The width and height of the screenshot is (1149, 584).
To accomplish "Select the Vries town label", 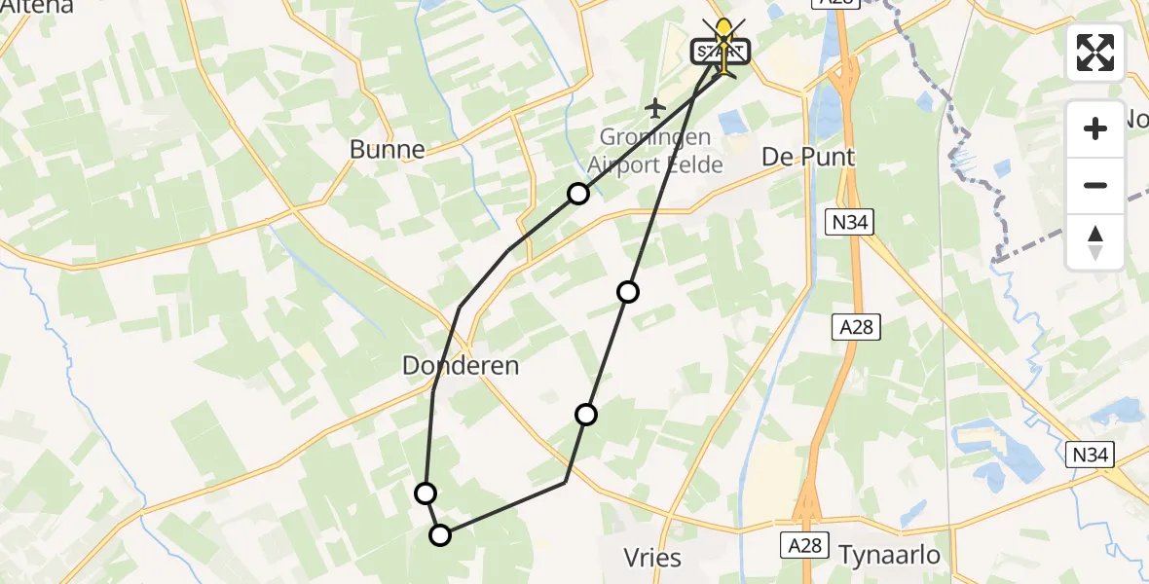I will pos(652,558).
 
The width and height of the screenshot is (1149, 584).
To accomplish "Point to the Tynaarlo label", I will pos(890,555).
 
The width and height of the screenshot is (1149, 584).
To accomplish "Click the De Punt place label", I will pos(808,157).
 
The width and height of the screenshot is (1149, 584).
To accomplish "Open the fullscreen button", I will pos(1095,53).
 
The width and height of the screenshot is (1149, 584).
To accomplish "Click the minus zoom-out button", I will pos(1095,185).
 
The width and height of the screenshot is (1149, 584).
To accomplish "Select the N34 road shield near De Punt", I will pos(850,223).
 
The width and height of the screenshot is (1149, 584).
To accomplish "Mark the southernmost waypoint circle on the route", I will pos(441,534).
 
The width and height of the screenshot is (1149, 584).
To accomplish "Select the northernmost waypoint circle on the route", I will pos(578,194).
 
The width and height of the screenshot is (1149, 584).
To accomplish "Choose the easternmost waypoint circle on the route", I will pos(628,291).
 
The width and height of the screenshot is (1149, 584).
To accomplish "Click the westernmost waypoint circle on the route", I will pos(426,493).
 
